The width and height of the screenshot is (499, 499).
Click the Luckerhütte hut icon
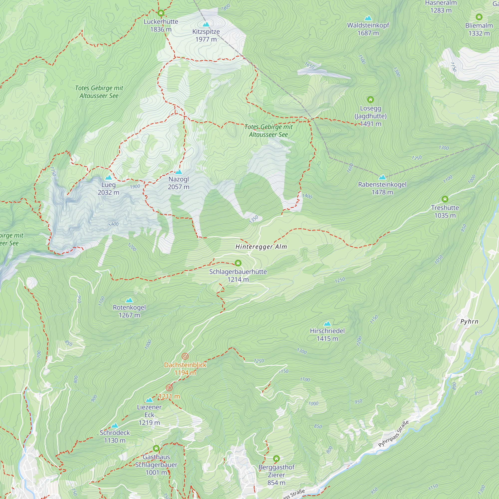(161, 13)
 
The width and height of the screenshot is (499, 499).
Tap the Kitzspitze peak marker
(206, 24)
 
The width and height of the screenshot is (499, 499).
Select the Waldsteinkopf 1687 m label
(368, 29)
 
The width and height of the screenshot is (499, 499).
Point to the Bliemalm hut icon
(479, 17)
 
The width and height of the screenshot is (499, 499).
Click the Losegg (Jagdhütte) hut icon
(370, 100)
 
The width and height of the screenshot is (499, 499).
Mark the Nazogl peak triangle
(178, 172)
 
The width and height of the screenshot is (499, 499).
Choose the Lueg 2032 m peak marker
(109, 177)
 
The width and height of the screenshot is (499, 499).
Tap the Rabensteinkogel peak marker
(382, 177)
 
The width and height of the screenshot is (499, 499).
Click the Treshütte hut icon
(445, 199)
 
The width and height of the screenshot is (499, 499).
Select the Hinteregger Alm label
(261, 247)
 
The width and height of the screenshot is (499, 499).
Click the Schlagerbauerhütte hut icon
(238, 263)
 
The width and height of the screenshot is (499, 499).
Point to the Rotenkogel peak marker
(129, 300)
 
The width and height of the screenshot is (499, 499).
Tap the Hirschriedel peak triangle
(327, 324)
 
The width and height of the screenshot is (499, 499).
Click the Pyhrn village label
(469, 322)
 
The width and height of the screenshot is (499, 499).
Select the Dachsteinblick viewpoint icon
(185, 357)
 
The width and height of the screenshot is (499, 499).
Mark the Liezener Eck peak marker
(149, 400)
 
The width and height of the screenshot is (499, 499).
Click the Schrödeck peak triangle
(115, 426)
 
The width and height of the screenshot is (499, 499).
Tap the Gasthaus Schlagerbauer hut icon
(156, 448)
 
